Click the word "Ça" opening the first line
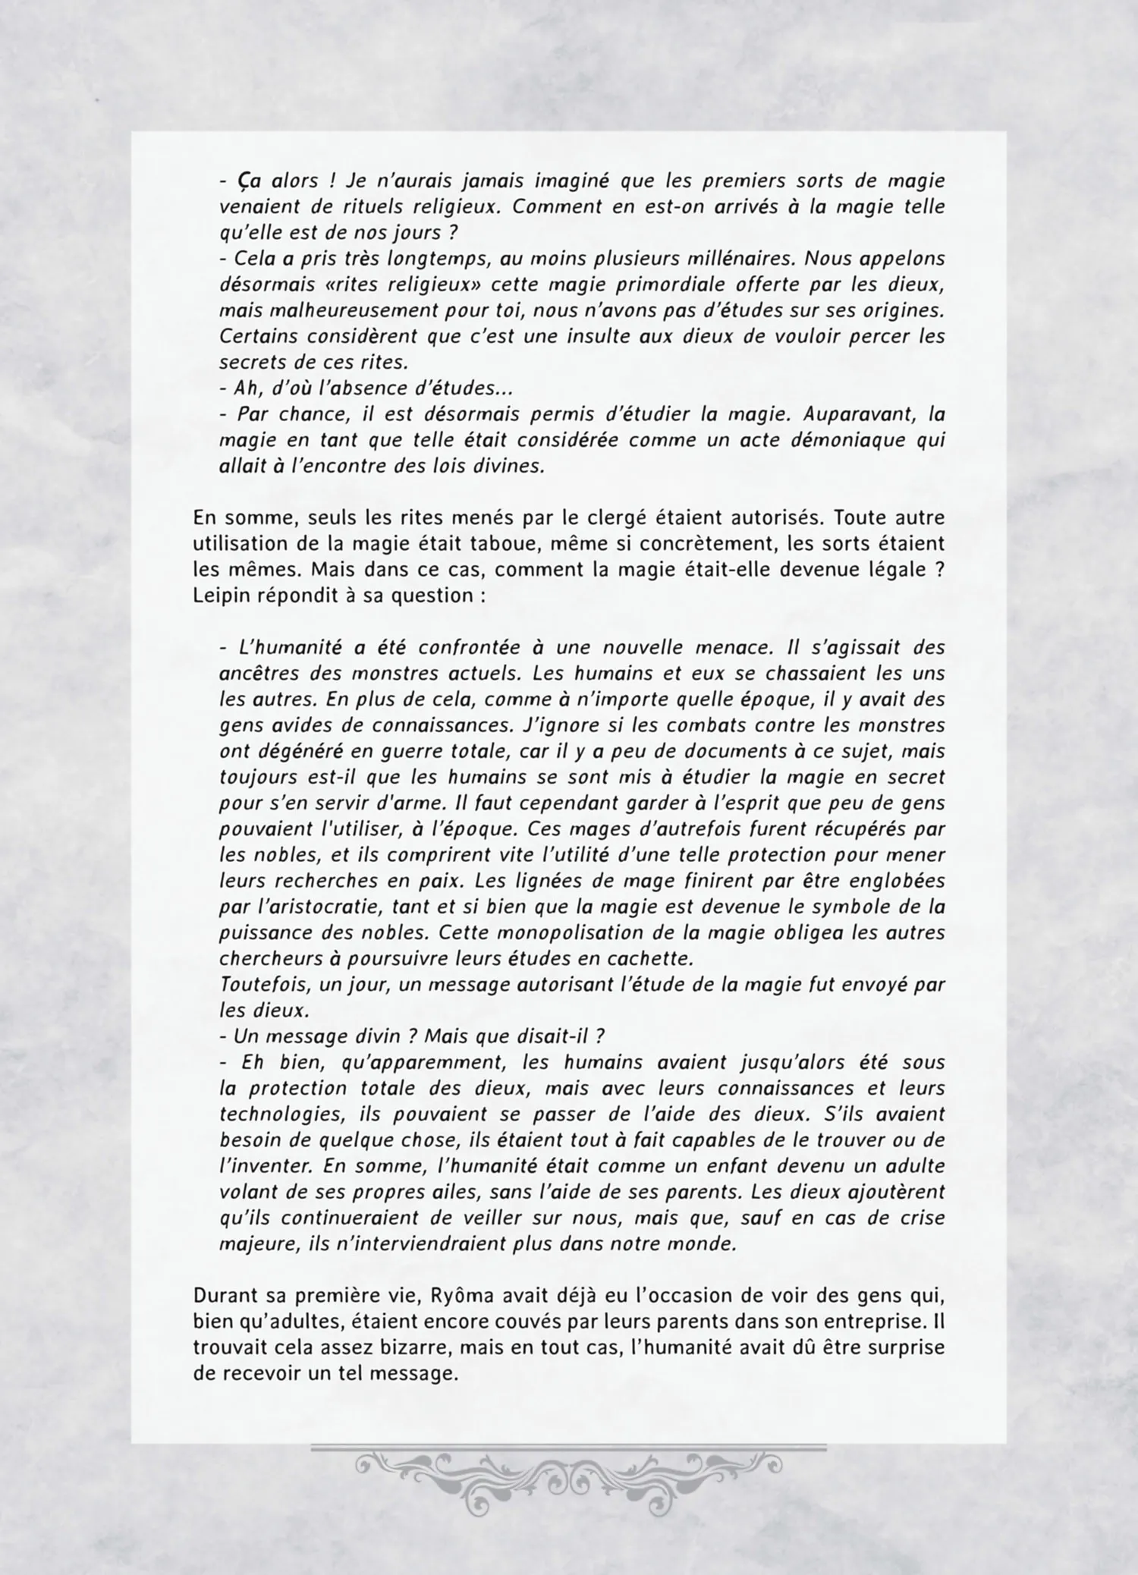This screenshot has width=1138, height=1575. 251,181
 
